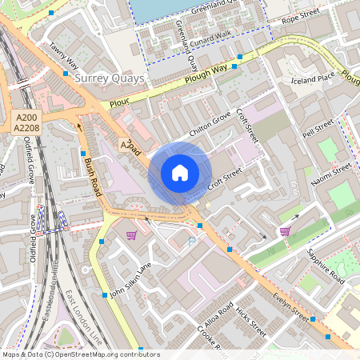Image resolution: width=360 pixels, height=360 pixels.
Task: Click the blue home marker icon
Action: [x=180, y=173]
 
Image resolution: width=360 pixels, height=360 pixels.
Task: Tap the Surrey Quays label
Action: [x=109, y=78]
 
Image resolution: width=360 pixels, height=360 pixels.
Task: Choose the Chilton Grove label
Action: [x=210, y=124]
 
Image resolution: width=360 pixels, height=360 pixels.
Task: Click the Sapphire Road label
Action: [x=326, y=266]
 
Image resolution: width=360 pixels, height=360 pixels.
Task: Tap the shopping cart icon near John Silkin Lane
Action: [x=132, y=235]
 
